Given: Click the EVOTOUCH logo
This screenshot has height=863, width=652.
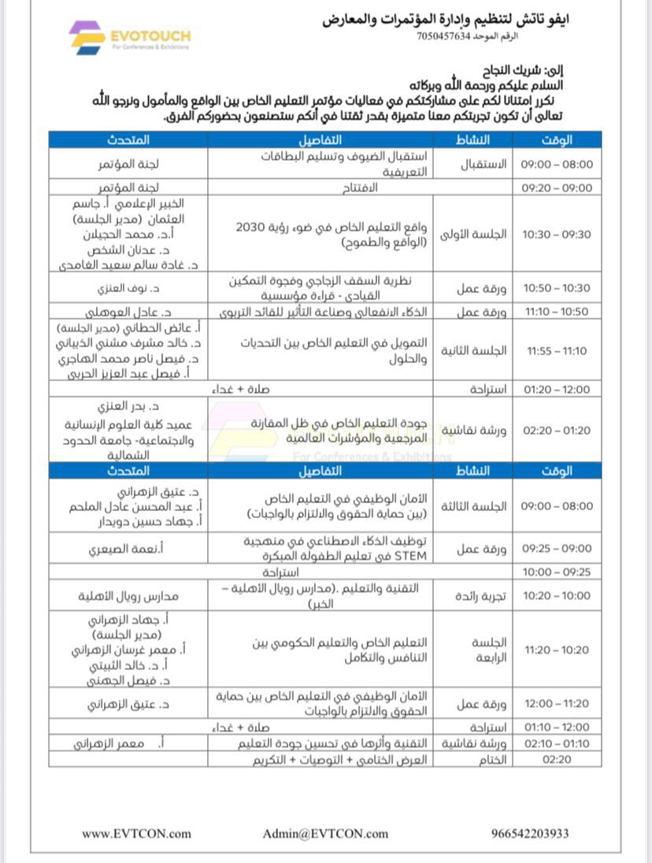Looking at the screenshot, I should click(129, 37).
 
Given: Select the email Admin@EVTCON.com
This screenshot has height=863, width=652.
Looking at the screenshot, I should click(325, 833).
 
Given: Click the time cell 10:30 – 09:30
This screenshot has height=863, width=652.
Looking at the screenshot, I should click(557, 234).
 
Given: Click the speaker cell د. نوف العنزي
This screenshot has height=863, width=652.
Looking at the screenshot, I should click(129, 288).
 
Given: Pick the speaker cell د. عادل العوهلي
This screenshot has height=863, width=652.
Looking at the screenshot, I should click(129, 312).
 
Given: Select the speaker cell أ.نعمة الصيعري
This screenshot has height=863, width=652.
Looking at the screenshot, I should click(129, 549).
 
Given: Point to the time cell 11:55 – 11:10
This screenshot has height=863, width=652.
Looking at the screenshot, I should click(557, 350).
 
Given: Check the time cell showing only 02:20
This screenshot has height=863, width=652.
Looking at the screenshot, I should click(557, 760).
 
